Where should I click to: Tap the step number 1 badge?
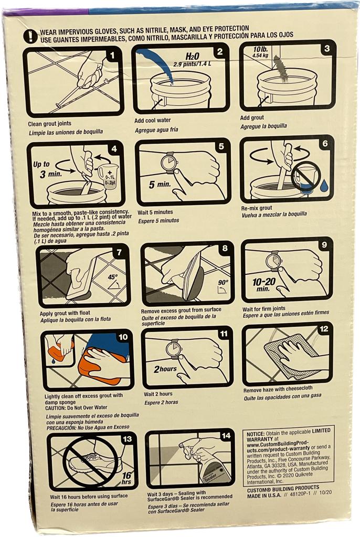pos(112,56)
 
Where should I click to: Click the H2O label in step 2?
pos(193,56)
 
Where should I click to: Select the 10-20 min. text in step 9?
pos(263,285)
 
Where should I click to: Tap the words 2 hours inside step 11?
pos(165,369)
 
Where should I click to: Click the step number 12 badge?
pos(323,329)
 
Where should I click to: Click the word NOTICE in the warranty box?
pos(256,434)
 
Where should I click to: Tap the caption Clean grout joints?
pos(50,124)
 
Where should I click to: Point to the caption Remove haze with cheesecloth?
pos(278,389)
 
